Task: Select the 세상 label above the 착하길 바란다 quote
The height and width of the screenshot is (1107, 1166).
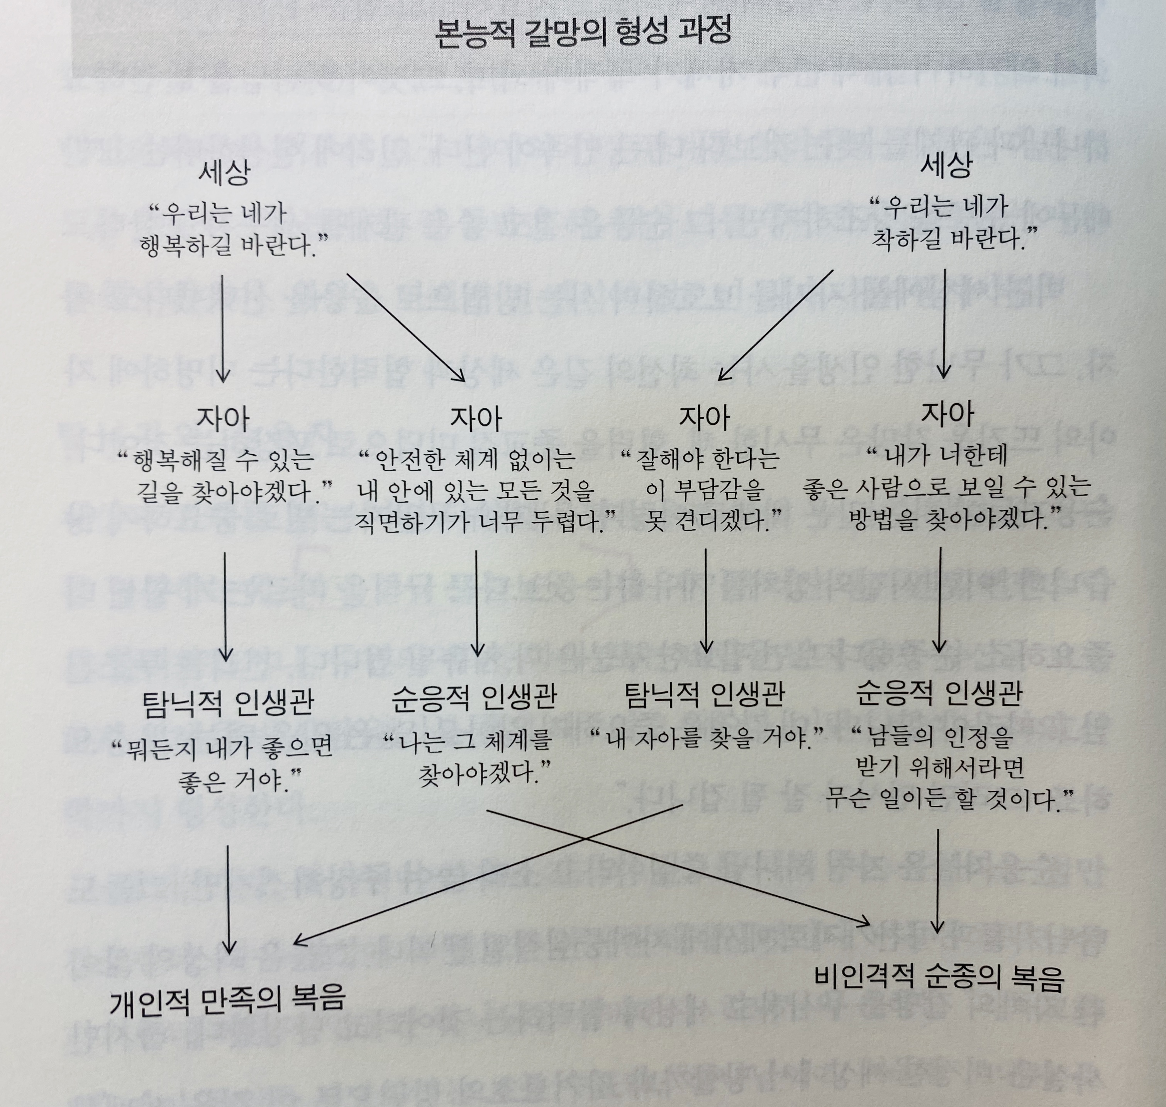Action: coord(946,166)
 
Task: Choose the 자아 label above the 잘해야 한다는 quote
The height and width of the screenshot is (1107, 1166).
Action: coord(704,417)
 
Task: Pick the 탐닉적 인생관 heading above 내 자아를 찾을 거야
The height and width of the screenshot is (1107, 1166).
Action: coord(704,694)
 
